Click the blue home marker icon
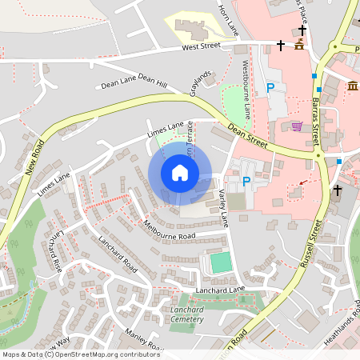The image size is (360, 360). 179,173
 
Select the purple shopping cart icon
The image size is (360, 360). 297,126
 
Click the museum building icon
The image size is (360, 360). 352,86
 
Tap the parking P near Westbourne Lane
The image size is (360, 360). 270,87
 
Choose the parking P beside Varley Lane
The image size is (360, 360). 246,182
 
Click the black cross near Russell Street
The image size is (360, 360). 338,190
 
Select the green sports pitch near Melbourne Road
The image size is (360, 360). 219,262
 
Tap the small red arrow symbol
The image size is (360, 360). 301,183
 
